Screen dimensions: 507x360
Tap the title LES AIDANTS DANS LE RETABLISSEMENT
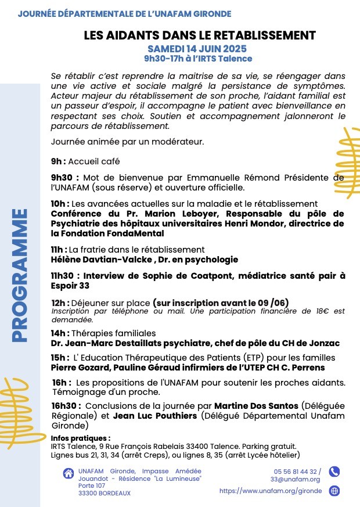[x=199, y=35]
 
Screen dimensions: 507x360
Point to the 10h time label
[x=60, y=203]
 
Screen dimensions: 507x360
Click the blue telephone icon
[x=334, y=472]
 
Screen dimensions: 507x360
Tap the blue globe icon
[x=334, y=491]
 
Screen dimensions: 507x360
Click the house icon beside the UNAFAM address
[x=68, y=474]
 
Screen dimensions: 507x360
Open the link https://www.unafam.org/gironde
[x=270, y=491]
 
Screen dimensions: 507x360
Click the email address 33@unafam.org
[x=295, y=479]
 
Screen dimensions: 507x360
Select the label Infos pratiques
[x=80, y=438]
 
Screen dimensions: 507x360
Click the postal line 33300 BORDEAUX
[x=105, y=493]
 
